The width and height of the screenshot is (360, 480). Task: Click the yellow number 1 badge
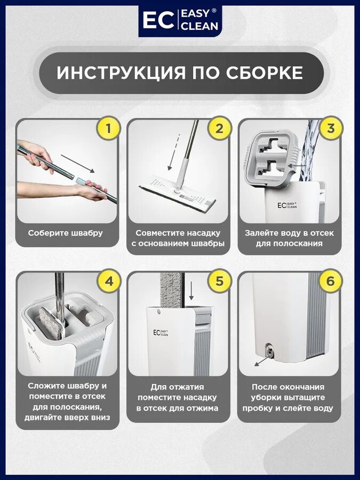coord(108,129)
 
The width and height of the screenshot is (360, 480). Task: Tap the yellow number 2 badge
coord(220,129)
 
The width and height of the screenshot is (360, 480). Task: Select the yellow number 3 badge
coord(331,129)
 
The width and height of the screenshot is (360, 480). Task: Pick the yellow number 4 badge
coord(108,281)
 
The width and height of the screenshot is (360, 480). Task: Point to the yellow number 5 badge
coord(220,281)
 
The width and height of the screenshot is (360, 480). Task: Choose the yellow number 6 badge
coord(331,281)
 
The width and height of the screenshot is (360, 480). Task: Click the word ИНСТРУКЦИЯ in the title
coord(121,73)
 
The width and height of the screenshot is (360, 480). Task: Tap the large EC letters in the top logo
coord(158,20)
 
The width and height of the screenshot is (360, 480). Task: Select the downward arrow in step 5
coord(191,291)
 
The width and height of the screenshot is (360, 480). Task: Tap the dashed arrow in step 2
coord(173,152)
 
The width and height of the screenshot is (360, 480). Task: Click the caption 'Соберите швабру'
coord(66,233)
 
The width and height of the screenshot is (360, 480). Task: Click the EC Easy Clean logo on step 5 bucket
coord(161,333)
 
